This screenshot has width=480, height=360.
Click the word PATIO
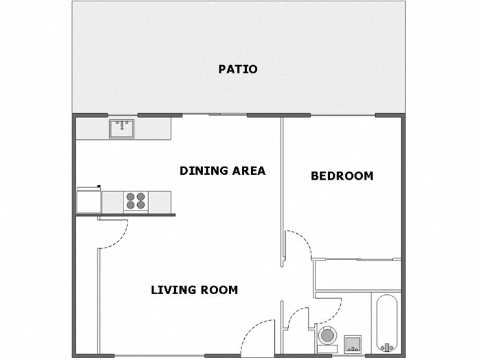click(238, 69)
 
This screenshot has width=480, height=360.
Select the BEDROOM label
click(342, 176)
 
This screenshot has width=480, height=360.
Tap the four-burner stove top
click(135, 201)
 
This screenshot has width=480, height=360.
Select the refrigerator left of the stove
click(89, 201)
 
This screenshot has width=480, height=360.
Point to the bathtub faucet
click(388, 345)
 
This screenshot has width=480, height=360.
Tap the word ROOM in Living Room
click(219, 290)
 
